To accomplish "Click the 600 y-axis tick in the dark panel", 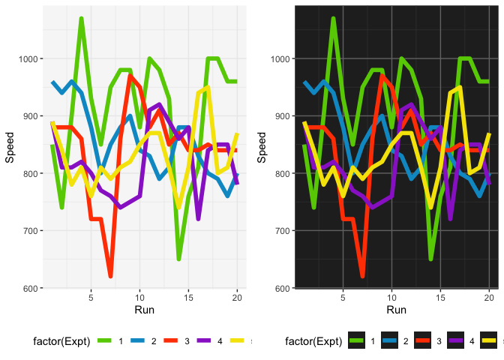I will pos(283,289).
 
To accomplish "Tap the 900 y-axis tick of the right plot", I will pos(283,116).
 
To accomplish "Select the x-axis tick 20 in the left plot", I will pos(237,297).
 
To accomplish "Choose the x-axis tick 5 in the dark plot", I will pos(343,297).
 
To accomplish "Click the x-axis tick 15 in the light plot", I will pos(189,297).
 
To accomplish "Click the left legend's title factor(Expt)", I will pos(61,342).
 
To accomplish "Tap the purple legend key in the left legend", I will pos(208,342).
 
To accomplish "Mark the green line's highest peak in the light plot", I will pos(81,19).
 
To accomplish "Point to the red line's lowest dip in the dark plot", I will pos(362,277).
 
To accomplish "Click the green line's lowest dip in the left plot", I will pos(178,259).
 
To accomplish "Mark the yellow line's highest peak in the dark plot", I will pos(460,88).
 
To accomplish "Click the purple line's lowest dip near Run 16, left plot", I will pos(198,219).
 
